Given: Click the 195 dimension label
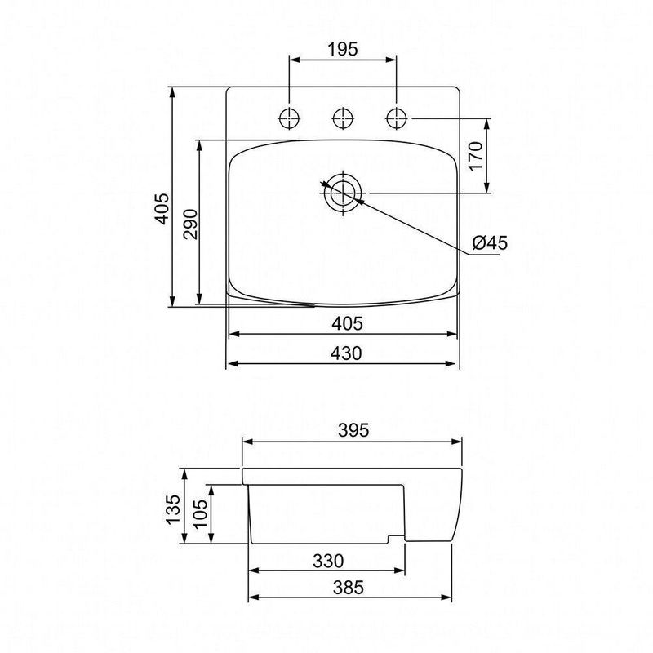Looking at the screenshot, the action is pyautogui.click(x=342, y=49).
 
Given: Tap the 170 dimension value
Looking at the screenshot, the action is pyautogui.click(x=476, y=156).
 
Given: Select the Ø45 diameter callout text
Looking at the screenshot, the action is pyautogui.click(x=491, y=242).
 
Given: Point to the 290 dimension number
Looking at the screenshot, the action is pyautogui.click(x=191, y=224).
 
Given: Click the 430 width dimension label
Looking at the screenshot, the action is pyautogui.click(x=346, y=353).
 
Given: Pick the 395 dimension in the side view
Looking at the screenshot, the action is pyautogui.click(x=353, y=430).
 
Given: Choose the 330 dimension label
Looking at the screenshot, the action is pyautogui.click(x=328, y=562).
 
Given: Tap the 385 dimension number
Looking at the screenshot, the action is pyautogui.click(x=349, y=588).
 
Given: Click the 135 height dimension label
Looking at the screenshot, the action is pyautogui.click(x=173, y=509).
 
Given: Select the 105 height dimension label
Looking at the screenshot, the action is pyautogui.click(x=200, y=513).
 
